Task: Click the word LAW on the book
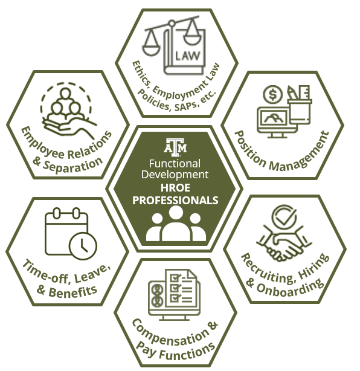[x=188, y=56]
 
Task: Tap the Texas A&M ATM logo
[x=175, y=147]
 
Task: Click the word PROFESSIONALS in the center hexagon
[x=175, y=200]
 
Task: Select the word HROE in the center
[x=175, y=188]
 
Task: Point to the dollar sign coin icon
[x=273, y=94]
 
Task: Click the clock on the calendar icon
[x=83, y=246]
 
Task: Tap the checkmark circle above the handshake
[x=284, y=216]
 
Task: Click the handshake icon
[x=284, y=246]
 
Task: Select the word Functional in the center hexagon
[x=175, y=164]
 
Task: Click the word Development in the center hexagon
[x=175, y=175]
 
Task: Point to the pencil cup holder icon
[x=300, y=111]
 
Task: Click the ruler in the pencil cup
[x=304, y=92]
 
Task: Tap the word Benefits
[x=73, y=291]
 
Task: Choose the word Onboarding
[x=291, y=287]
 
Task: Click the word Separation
[x=73, y=164]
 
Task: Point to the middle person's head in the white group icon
[x=176, y=213]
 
